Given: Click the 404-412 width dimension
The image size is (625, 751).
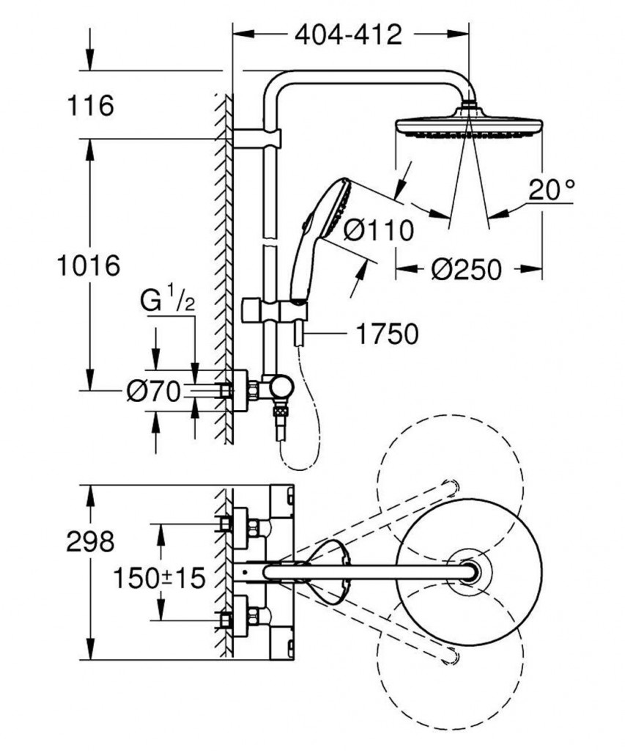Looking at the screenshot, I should coord(349,34).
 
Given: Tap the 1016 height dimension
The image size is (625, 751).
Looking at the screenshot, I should coord(89,265).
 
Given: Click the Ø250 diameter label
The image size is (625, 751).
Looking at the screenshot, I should coord(467,269).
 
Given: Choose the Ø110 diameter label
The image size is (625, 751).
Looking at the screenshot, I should coord(378,230).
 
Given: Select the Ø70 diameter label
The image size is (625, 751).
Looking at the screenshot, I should coord(152,392).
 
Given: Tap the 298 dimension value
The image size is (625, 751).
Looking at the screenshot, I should coord(89,542).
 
